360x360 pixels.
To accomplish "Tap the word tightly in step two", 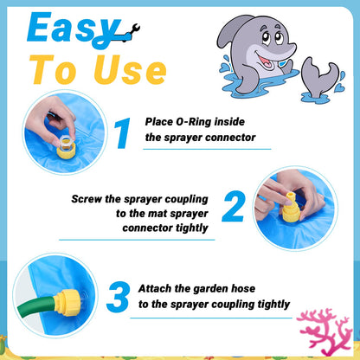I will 189,228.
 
